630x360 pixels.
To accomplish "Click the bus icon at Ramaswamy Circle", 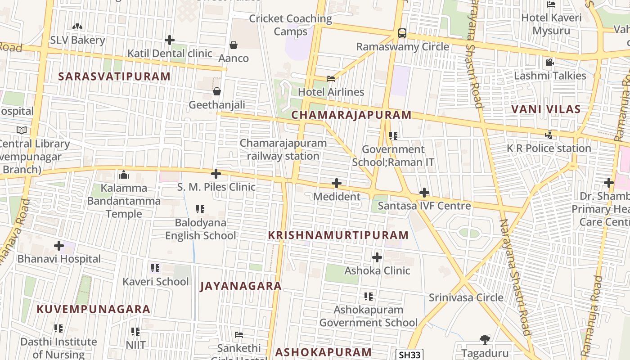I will tap(402, 33).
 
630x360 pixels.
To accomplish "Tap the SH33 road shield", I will tap(409, 355).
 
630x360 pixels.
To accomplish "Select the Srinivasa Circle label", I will tap(466, 297).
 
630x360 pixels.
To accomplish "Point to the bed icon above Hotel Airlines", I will tap(331, 78).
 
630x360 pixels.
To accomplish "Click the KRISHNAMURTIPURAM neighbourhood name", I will tap(338, 235).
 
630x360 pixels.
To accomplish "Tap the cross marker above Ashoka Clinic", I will tap(377, 257).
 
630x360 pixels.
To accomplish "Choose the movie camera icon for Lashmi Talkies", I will tap(549, 62).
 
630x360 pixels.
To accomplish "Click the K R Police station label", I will tap(549, 148).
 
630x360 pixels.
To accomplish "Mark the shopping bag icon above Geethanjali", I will tap(217, 91).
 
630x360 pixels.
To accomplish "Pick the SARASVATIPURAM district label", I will tap(114, 76).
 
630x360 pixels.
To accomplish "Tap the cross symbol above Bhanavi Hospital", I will tap(59, 246).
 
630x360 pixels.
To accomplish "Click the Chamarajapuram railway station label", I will tap(283, 149).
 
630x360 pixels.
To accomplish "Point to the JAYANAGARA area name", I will tap(241, 286).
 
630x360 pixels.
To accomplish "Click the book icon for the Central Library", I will tap(22, 130).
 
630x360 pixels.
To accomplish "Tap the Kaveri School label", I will tap(156, 282).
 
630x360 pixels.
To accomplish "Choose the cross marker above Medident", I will tap(336, 183).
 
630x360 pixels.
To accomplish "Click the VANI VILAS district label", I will tap(546, 109).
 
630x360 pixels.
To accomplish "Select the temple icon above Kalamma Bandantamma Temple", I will tap(123, 175).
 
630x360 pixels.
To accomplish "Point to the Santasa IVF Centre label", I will tap(424, 206).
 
